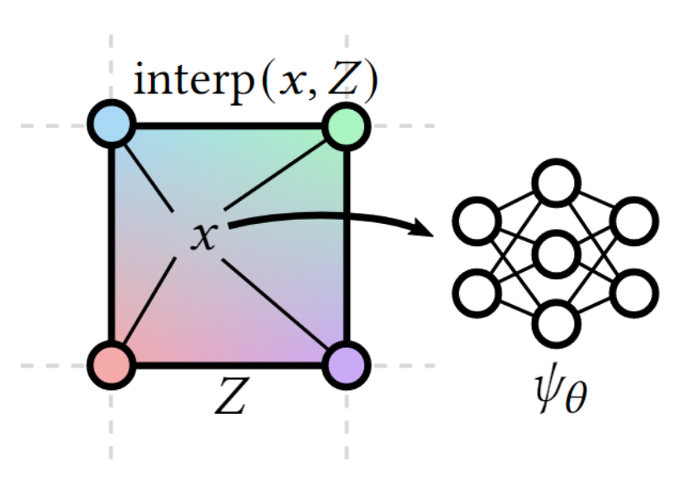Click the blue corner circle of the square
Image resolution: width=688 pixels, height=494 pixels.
click(x=111, y=125)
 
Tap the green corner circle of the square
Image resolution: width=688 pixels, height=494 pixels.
click(x=346, y=126)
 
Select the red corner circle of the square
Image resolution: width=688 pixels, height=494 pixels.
click(x=111, y=364)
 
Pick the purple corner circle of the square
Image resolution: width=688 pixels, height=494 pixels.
click(x=346, y=364)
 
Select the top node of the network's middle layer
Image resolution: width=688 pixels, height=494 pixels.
click(x=555, y=184)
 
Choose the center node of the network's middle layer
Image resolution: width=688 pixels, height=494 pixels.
click(x=555, y=254)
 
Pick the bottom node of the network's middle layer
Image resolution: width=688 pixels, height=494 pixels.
click(x=555, y=324)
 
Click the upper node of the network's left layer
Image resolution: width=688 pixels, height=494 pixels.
click(x=477, y=221)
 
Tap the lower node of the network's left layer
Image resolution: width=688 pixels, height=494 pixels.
click(x=477, y=292)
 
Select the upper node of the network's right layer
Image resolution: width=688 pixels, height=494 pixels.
click(x=633, y=221)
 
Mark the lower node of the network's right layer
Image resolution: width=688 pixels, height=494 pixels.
click(x=633, y=292)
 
